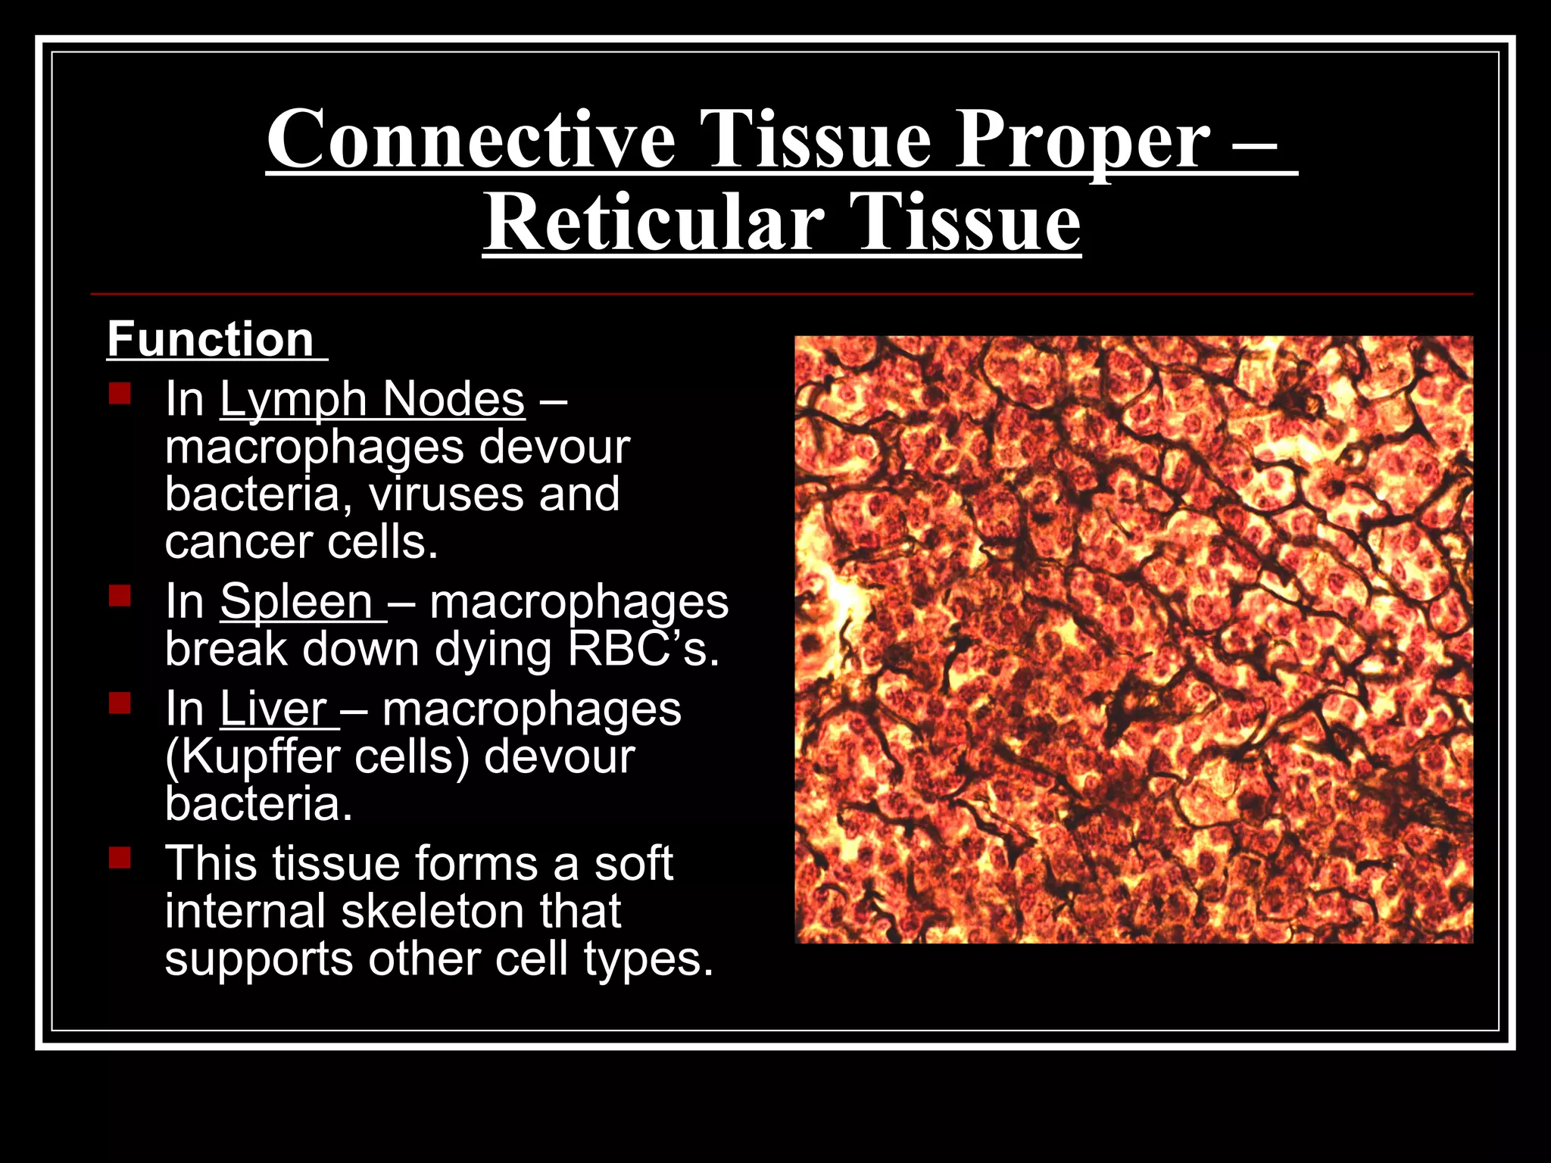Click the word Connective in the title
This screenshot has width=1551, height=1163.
coord(470,139)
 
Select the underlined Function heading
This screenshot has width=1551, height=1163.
coord(211,339)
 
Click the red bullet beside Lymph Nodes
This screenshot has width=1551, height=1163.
coord(120,394)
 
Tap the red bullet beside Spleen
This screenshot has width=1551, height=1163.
coord(120,597)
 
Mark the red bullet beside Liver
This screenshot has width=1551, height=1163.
coord(120,704)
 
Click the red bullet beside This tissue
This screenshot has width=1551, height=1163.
coord(120,859)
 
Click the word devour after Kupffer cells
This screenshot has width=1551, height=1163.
coord(559,756)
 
